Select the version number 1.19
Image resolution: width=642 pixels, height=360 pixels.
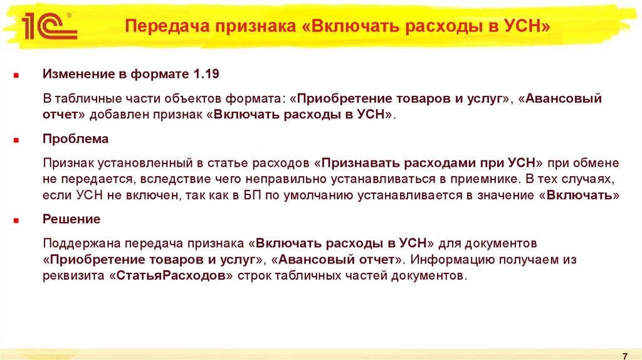pyautogui.click(x=206, y=75)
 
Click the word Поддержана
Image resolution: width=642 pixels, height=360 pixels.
pyautogui.click(x=80, y=243)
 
